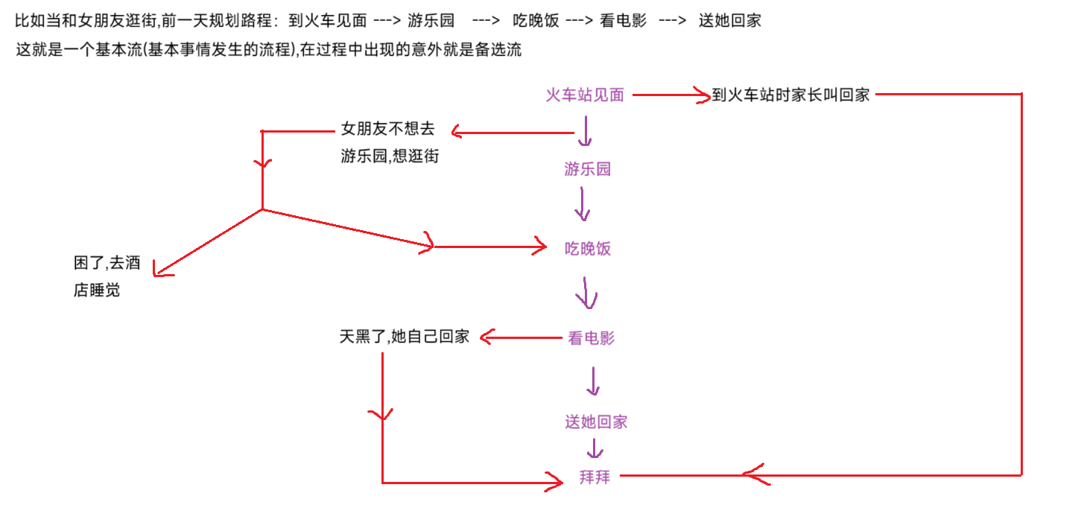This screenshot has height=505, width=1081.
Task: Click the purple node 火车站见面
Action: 584,95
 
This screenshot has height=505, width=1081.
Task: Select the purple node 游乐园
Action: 587,169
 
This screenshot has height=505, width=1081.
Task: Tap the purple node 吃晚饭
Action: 588,249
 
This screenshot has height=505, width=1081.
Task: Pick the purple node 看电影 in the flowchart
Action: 591,338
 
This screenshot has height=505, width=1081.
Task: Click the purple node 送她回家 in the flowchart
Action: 595,422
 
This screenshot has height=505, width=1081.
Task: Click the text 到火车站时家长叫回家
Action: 790,95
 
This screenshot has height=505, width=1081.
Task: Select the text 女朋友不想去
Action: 387,129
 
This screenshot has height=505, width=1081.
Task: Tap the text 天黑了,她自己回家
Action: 404,337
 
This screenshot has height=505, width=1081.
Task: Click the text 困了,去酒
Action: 107,263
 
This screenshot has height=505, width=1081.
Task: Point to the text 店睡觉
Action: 96,290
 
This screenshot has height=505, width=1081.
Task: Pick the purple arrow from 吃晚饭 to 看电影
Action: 586,293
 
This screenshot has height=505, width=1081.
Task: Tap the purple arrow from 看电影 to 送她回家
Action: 593,381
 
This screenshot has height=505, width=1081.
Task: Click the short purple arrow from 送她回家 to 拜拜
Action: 594,449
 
